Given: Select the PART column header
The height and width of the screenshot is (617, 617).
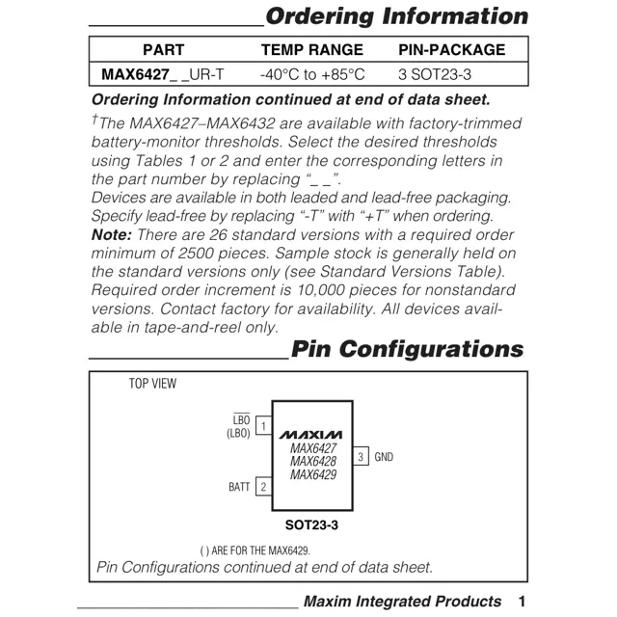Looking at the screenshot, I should [163, 50].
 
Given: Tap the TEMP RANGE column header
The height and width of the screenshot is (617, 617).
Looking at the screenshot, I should [312, 50].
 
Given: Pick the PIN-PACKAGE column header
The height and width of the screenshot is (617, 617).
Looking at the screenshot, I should [451, 50].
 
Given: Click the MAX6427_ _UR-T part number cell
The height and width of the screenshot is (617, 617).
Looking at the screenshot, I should [163, 74].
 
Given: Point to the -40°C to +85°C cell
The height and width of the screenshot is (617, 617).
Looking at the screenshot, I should [312, 74].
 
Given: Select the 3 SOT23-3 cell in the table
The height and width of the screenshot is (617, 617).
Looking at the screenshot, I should [435, 74].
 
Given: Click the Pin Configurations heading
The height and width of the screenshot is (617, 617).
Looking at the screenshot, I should [407, 349].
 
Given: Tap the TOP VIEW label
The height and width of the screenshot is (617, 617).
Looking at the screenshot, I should [153, 384].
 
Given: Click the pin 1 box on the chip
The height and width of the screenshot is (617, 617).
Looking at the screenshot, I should [263, 425].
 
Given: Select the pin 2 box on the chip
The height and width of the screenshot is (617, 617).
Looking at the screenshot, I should [263, 487].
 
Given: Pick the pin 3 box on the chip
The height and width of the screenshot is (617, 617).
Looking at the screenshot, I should [361, 456].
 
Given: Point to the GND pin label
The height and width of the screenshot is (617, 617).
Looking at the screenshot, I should [384, 456].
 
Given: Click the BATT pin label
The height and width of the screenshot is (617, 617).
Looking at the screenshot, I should [239, 487].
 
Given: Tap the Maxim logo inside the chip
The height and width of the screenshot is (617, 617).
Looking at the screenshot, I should [312, 434].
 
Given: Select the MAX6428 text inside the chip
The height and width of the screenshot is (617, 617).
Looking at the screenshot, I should [312, 461].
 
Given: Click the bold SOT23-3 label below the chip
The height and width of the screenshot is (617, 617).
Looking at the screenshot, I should [311, 525].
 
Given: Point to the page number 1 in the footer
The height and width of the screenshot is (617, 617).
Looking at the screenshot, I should [522, 602].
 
